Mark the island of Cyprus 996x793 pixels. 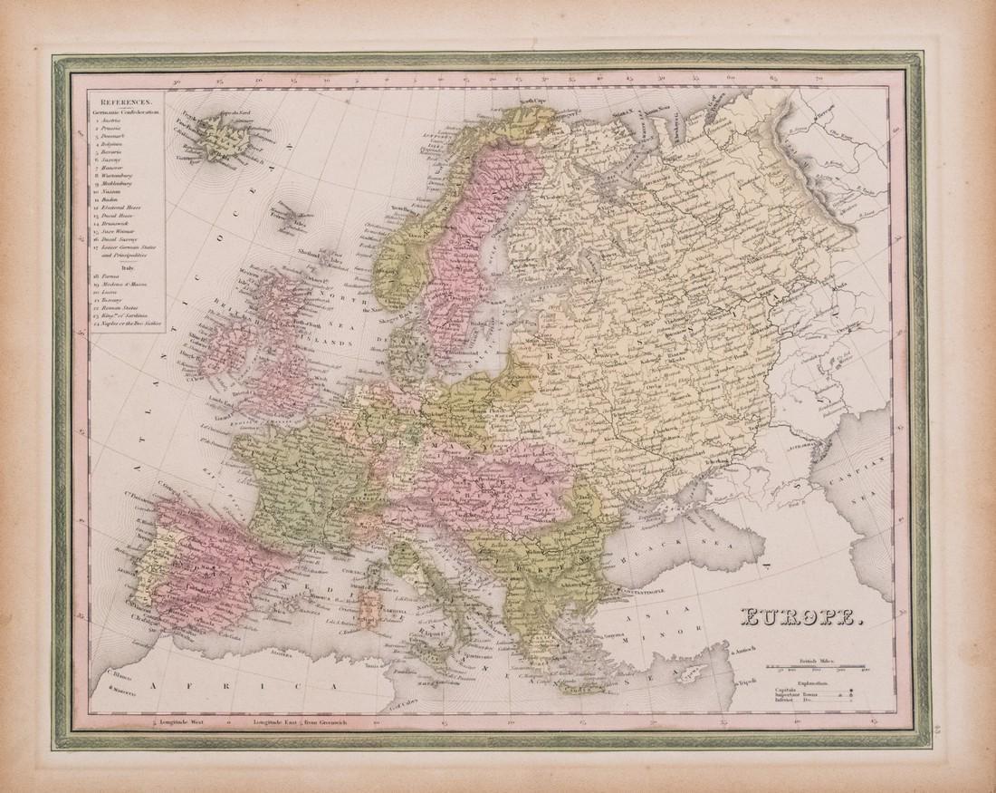pos(695,675)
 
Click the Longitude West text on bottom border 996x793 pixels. pos(183,722)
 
